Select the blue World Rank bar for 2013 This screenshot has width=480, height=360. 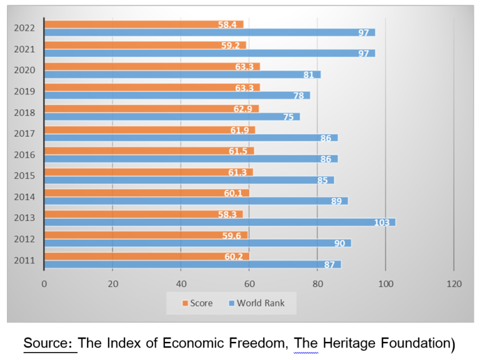coord(219,222)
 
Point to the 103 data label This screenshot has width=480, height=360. coord(381,222)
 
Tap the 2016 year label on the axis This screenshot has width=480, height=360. coord(24,154)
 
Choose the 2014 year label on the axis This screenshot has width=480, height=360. coord(24,197)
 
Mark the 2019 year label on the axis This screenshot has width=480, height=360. coord(24,91)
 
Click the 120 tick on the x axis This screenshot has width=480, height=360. coord(454,284)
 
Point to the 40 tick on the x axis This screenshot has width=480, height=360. coord(181,284)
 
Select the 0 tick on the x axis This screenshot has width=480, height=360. coord(44,284)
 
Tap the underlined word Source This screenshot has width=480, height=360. coord(50,343)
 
